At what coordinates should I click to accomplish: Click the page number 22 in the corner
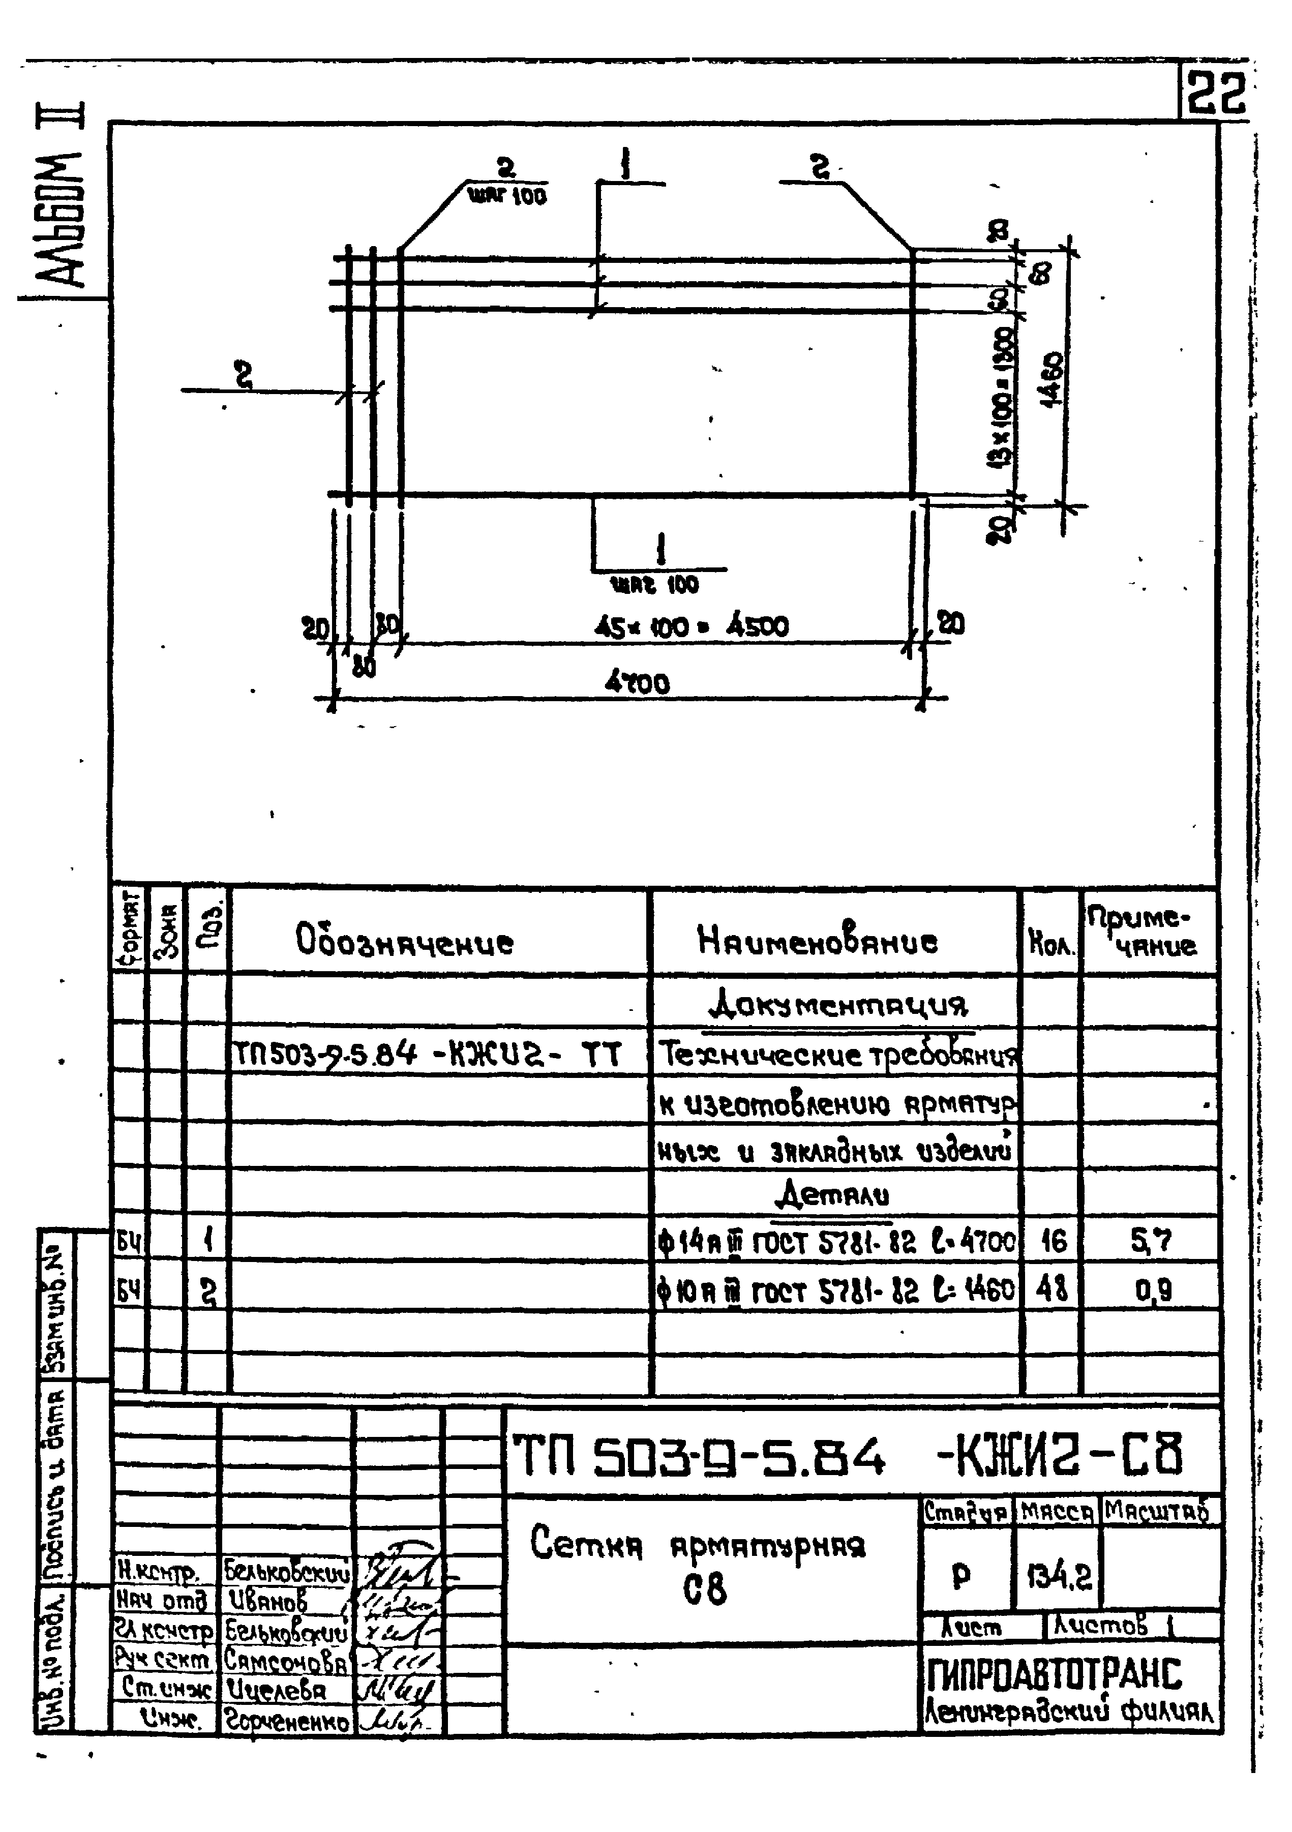(x=1215, y=94)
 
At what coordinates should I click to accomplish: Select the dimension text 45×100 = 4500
(x=691, y=627)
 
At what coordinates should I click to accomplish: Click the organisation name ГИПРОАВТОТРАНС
(x=1054, y=1674)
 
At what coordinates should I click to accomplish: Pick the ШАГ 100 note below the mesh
(x=654, y=585)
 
